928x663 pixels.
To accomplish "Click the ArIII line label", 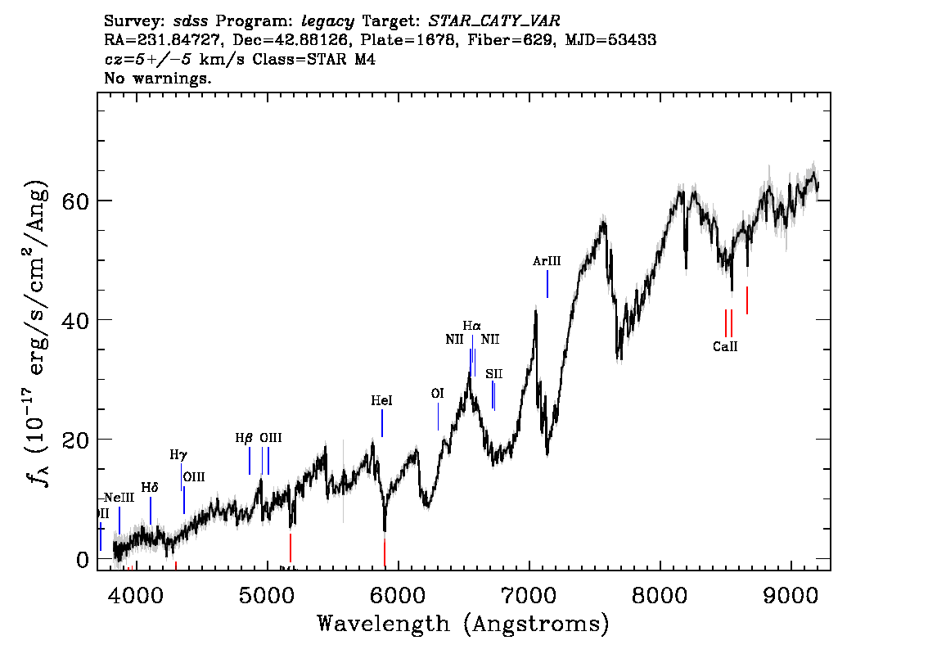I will tap(547, 261).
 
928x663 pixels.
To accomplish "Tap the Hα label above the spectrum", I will tap(472, 326).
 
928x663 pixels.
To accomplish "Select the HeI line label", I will tap(381, 400).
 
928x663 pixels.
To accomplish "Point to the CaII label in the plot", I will tap(725, 346).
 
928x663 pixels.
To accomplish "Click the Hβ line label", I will tap(244, 438).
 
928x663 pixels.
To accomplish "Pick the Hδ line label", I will tap(150, 487).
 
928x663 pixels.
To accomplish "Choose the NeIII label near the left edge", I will tap(119, 498).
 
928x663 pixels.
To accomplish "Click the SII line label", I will tap(493, 374).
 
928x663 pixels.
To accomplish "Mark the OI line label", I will tap(437, 394).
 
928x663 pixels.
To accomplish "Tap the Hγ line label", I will tap(178, 454).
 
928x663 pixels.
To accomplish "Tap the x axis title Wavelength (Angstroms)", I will tap(463, 625).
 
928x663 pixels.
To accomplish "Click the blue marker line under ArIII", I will tap(547, 284).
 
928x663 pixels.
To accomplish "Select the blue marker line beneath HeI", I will tap(382, 423).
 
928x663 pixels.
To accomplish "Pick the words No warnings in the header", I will tap(158, 79).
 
